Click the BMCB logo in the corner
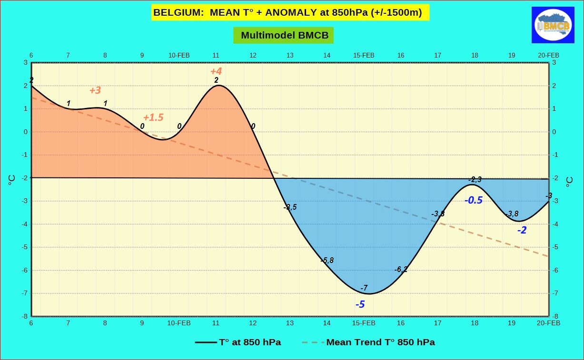pos(553,25)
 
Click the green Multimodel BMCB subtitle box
pos(283,35)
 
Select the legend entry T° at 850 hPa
pos(238,342)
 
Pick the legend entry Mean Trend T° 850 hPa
pos(368,342)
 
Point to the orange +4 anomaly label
pos(216,71)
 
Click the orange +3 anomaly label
pos(95,90)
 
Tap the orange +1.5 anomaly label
pos(153,117)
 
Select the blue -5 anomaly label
pos(360,304)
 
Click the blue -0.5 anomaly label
pos(474,200)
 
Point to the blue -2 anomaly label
pos(522,230)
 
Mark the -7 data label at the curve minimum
pos(364,288)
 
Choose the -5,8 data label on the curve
pos(327,260)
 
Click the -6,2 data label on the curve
pos(401,269)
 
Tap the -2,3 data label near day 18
pos(475,179)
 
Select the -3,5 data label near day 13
pos(290,207)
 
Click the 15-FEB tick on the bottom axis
pos(364,323)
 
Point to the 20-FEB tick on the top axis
pos(548,55)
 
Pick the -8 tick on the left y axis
pos(25,316)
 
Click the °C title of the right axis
pos(570,182)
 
